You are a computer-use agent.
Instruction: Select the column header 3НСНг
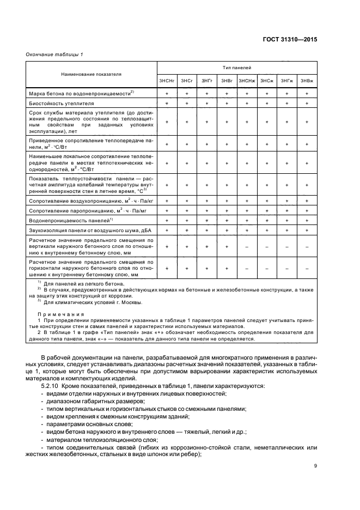[167, 81]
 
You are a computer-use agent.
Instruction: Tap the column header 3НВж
[307, 81]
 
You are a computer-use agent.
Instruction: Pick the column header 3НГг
[207, 81]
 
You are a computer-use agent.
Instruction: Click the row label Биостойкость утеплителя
[62, 102]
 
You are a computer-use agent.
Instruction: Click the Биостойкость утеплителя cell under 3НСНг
[167, 102]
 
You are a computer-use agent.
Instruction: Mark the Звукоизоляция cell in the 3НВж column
[307, 230]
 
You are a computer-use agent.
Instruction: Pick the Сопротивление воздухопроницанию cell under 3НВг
[227, 201]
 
